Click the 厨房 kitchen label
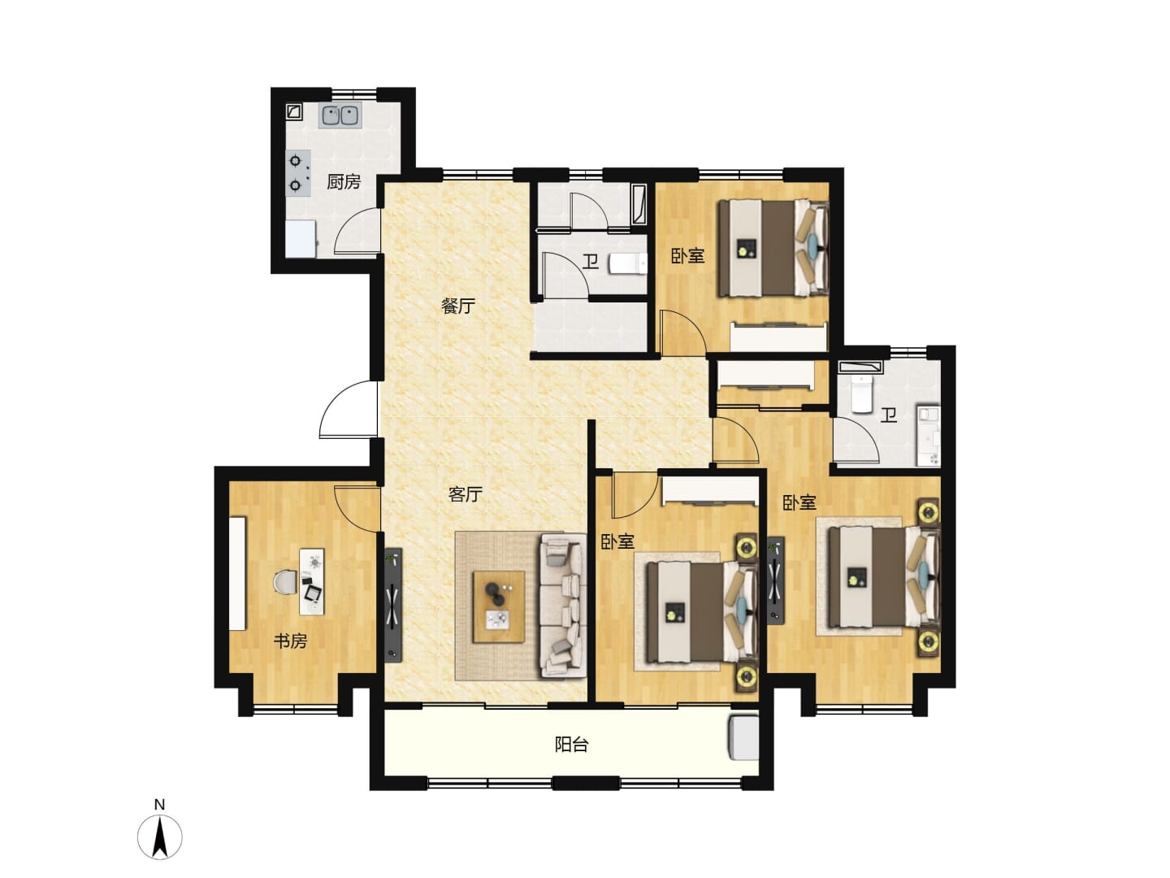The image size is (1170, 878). (x=343, y=182)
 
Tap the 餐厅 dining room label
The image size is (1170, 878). (x=457, y=306)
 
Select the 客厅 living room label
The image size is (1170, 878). (x=465, y=494)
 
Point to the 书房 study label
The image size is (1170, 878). (x=291, y=641)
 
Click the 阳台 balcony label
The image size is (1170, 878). (x=571, y=744)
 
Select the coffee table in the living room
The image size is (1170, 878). (x=499, y=607)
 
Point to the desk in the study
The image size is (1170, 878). (x=312, y=581)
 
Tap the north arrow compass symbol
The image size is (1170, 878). (x=159, y=837)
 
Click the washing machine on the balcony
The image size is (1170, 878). (x=743, y=738)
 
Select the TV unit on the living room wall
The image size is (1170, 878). (x=393, y=605)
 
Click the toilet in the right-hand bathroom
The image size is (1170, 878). (x=860, y=393)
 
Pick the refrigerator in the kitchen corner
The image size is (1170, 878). (x=301, y=239)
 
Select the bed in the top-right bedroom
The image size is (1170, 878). (x=773, y=248)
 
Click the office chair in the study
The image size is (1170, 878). (x=284, y=581)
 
